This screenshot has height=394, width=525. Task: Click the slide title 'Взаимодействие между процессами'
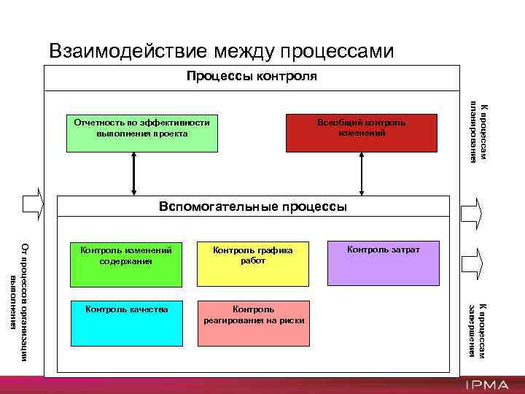click(x=221, y=50)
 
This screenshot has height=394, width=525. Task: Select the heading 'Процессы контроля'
click(x=252, y=76)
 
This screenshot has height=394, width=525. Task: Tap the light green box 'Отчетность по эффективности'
click(x=142, y=133)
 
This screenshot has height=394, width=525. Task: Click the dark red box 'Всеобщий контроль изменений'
click(x=361, y=133)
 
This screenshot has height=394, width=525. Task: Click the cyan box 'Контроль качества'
click(x=126, y=322)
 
